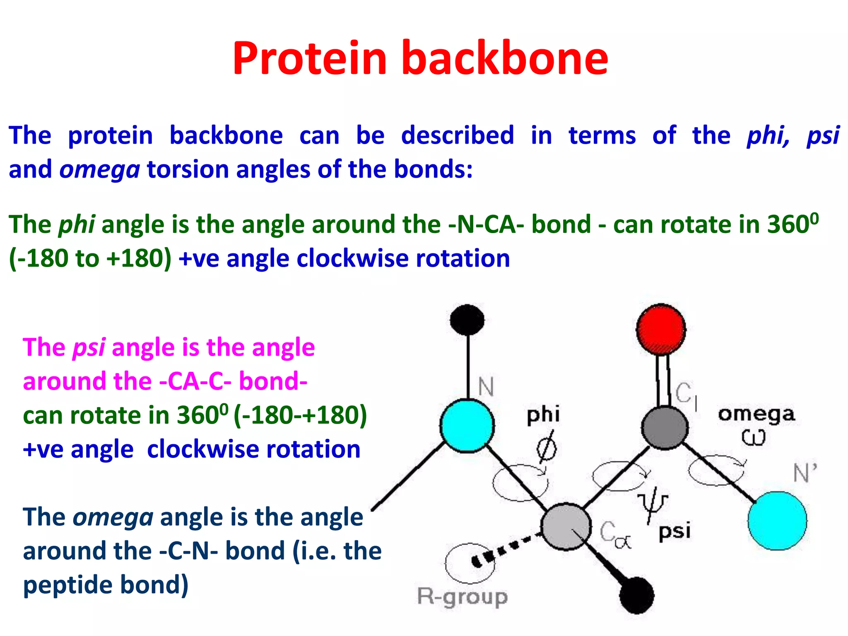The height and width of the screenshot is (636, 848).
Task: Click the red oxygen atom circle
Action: click(x=661, y=330)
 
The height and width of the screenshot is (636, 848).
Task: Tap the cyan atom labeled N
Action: click(x=467, y=425)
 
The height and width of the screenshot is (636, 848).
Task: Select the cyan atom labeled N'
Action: click(x=777, y=520)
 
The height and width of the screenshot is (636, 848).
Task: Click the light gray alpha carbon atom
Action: click(x=566, y=526)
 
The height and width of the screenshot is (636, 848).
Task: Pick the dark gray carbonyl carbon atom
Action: click(x=665, y=428)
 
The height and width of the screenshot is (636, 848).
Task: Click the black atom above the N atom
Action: click(x=467, y=320)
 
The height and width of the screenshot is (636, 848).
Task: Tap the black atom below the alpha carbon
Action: click(x=637, y=595)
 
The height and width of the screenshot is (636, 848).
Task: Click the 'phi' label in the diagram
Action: click(x=543, y=415)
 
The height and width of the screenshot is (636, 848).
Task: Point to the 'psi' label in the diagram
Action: click(x=675, y=531)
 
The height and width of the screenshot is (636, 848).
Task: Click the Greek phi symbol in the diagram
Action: click(x=547, y=448)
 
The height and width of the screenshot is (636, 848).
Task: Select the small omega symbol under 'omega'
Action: click(x=753, y=437)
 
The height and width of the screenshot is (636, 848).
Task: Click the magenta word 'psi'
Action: click(x=89, y=348)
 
